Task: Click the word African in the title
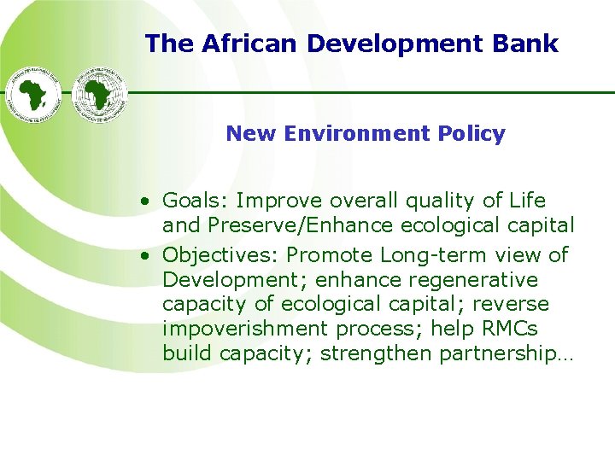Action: point(242,44)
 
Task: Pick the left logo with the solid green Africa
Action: point(34,94)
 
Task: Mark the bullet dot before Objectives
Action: point(148,256)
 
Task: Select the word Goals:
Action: point(196,201)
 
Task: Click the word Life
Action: point(524,201)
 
